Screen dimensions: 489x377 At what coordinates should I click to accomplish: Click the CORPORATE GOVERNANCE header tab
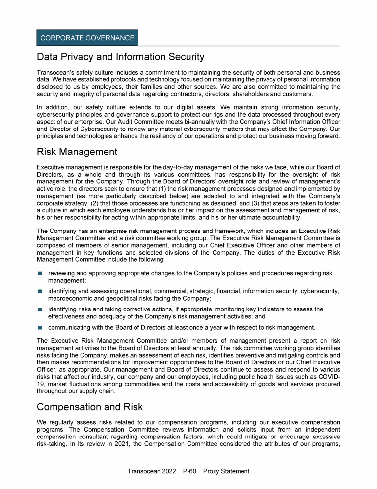(x=87, y=38)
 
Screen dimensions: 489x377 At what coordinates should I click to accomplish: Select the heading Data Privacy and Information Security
(x=121, y=57)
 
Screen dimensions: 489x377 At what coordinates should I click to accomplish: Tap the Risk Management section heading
(x=77, y=152)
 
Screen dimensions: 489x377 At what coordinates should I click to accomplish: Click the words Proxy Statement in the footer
(x=226, y=471)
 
